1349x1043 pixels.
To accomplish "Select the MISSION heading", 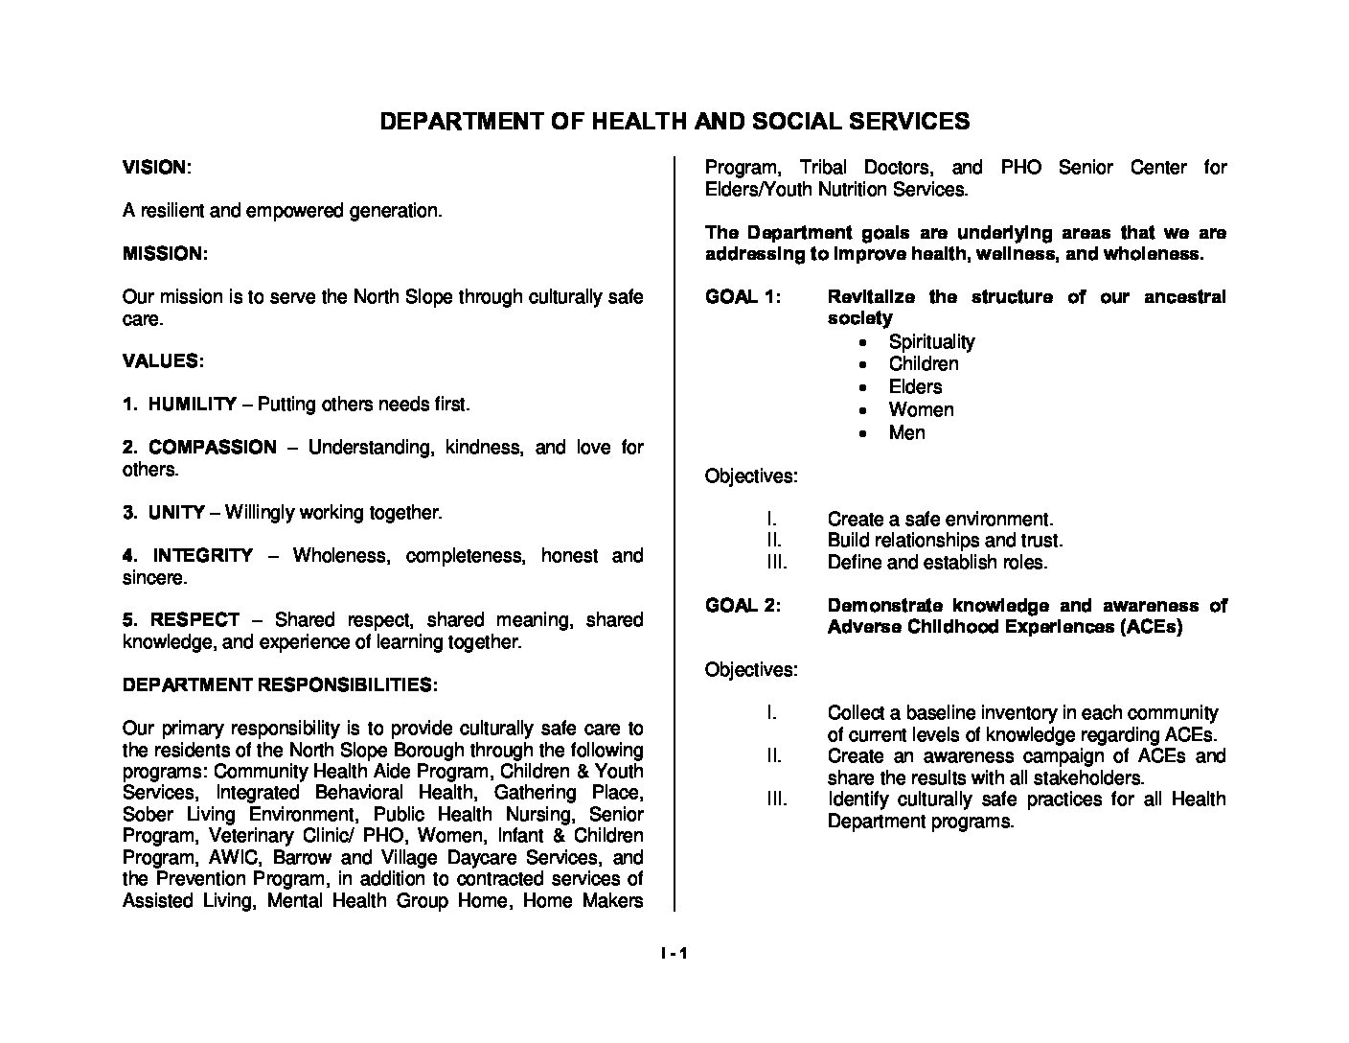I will point(164,254).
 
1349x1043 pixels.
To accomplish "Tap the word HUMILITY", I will point(192,405).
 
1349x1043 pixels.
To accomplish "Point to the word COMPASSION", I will point(212,448).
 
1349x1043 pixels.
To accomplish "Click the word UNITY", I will point(176,513).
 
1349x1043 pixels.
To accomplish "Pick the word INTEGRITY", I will point(203,556).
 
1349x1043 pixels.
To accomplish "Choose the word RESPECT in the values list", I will point(194,620).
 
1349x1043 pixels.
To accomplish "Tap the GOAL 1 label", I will point(743,297).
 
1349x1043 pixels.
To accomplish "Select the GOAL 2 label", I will point(743,606).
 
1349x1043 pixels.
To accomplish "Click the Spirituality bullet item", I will point(931,342).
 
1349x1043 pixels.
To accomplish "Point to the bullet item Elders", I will point(915,387).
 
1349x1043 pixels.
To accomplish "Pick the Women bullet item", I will point(921,410).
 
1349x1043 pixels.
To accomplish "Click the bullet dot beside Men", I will point(864,434).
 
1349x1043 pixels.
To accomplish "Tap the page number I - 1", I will point(674,954).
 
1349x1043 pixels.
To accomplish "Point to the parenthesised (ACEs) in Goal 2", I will point(1149,627).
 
